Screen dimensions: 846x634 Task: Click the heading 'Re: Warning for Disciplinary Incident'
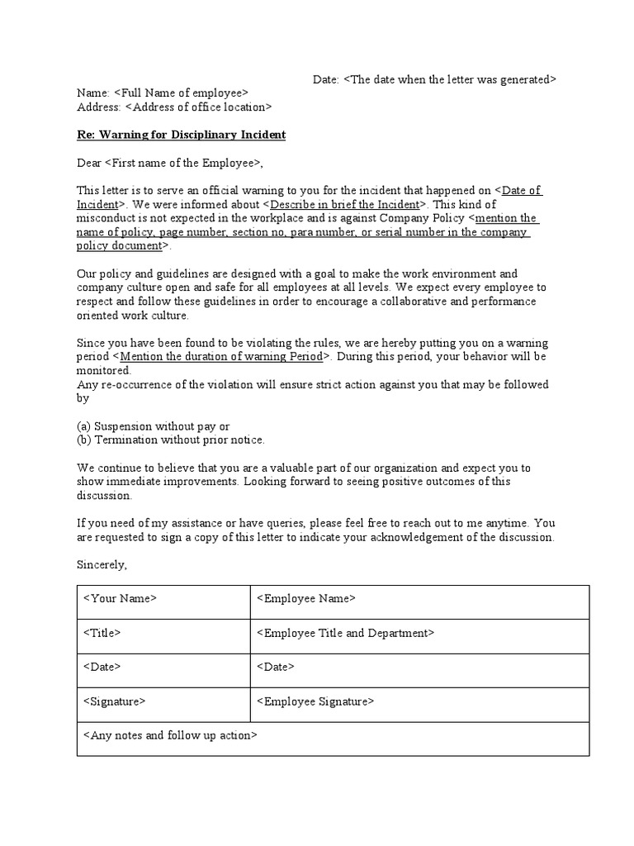[x=181, y=134]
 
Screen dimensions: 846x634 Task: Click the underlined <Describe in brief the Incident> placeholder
[x=345, y=204]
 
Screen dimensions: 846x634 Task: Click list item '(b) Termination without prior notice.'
[x=171, y=440]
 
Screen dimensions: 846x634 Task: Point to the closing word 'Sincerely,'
[x=102, y=565]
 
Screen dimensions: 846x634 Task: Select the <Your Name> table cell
[x=163, y=601]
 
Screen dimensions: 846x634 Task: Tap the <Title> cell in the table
[x=163, y=634]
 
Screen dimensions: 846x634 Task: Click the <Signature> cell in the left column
[x=163, y=703]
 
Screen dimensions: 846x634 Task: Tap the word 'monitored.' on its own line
[x=105, y=371]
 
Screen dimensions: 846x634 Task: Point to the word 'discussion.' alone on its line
[x=105, y=496]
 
